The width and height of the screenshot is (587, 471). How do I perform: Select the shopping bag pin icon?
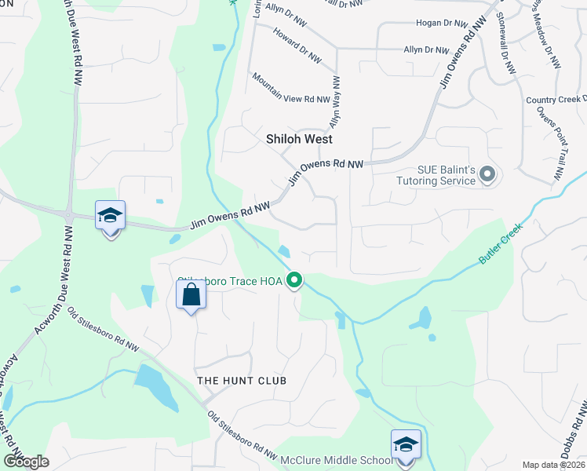[191, 297]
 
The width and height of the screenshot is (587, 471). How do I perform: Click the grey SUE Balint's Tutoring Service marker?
[487, 174]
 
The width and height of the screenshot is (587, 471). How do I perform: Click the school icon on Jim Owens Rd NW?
[110, 216]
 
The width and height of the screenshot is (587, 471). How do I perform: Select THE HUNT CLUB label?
[242, 381]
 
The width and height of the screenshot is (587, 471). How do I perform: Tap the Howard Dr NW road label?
[297, 46]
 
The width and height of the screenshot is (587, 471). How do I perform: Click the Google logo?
[26, 462]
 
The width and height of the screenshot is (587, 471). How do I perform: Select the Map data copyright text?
[554, 465]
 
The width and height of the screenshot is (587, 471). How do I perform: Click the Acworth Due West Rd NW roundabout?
[69, 215]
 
